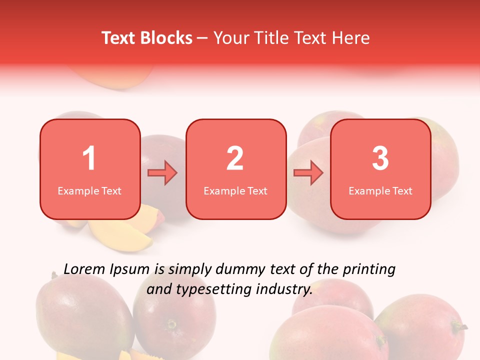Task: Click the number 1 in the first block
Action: pos(89,158)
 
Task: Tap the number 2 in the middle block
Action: pos(235,158)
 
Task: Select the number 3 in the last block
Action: pos(380,158)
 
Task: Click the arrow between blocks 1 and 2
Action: pos(163,173)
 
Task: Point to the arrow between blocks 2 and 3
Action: pos(308,173)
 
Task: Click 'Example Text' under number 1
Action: pos(89,190)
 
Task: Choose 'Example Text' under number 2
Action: pos(235,190)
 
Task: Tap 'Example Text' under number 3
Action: pos(380,190)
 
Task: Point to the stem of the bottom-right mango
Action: pos(459,327)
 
